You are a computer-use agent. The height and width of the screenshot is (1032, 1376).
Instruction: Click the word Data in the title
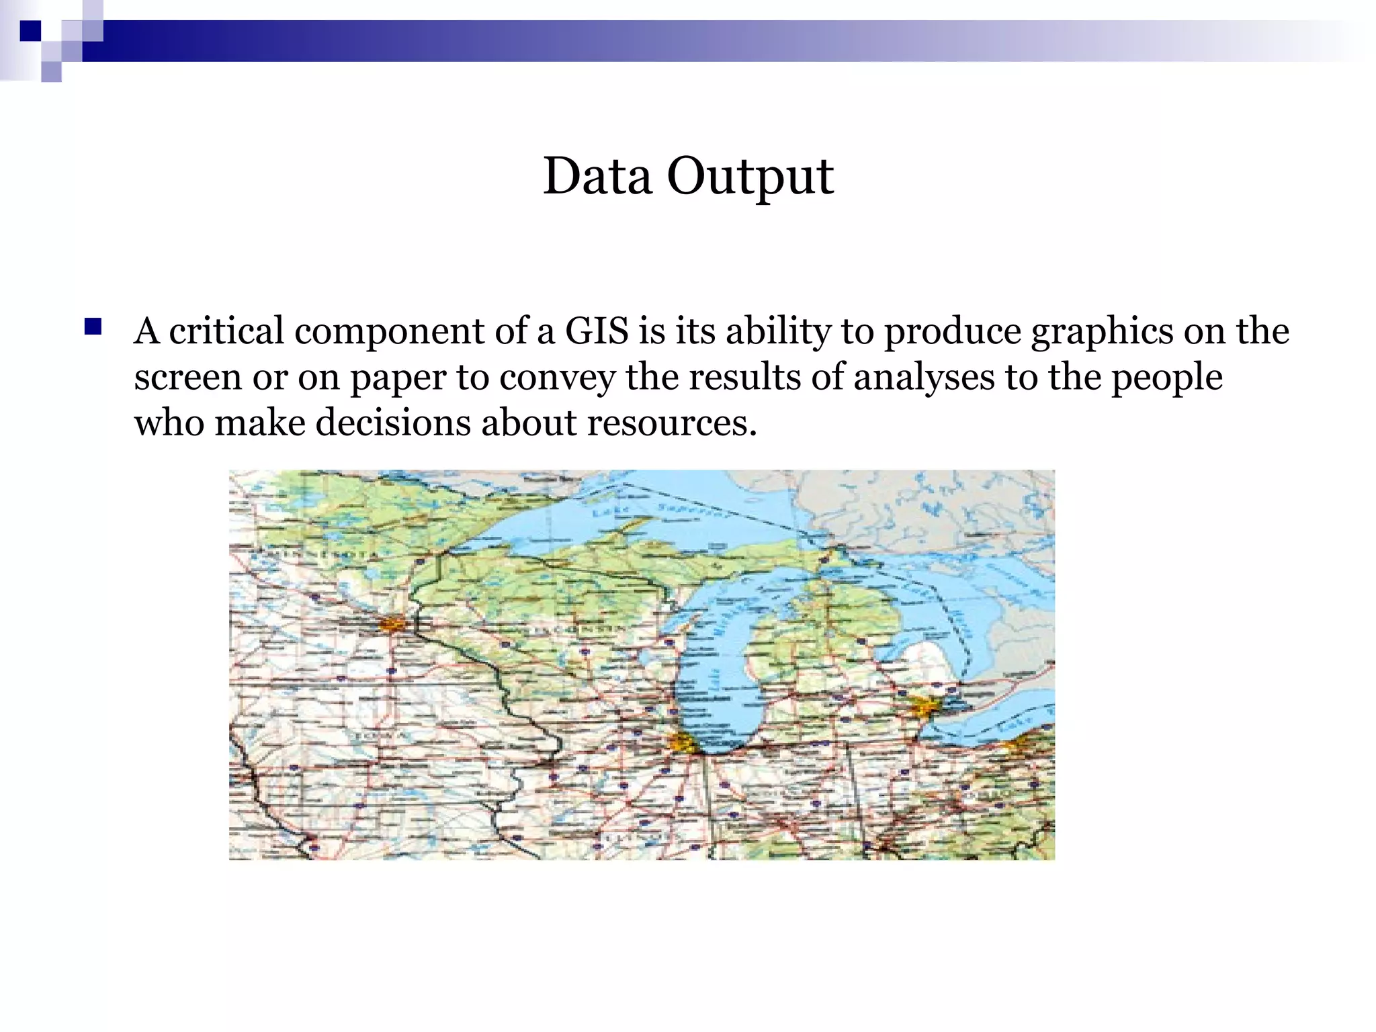pos(597,176)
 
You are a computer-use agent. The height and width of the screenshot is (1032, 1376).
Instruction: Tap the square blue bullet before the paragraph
pos(93,327)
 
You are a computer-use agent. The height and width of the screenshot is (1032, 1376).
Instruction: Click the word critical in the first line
pos(226,331)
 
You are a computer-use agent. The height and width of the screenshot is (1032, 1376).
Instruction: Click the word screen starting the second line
pos(187,378)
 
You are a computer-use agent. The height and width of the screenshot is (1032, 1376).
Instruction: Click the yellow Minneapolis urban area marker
pos(392,625)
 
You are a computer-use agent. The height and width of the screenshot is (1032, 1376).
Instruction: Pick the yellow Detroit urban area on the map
pos(926,707)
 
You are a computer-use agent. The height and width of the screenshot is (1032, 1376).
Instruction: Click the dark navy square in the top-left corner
pos(30,30)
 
